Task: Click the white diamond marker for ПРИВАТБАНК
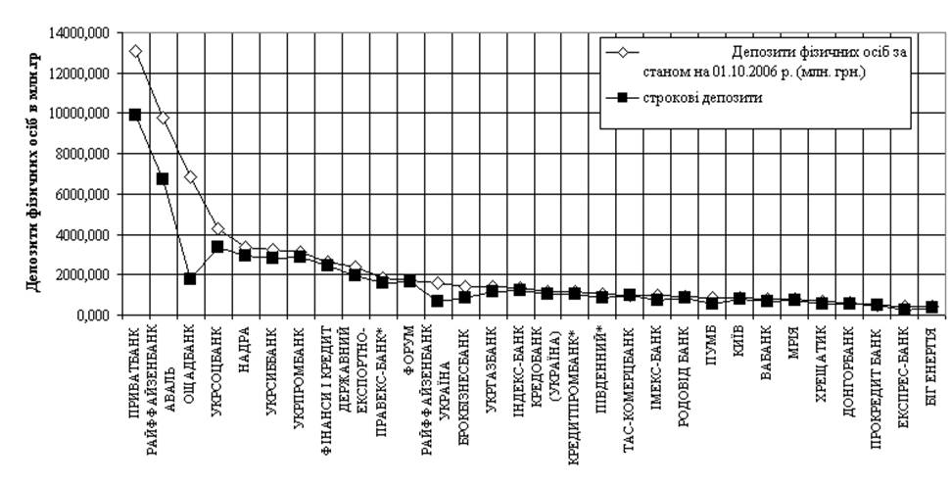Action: click(x=135, y=51)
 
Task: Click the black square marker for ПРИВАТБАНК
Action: click(x=135, y=115)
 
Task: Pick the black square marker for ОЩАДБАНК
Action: click(x=190, y=279)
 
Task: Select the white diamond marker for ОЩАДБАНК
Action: click(x=190, y=177)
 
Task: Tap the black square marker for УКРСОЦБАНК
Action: click(x=217, y=247)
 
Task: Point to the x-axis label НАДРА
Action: click(x=245, y=338)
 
